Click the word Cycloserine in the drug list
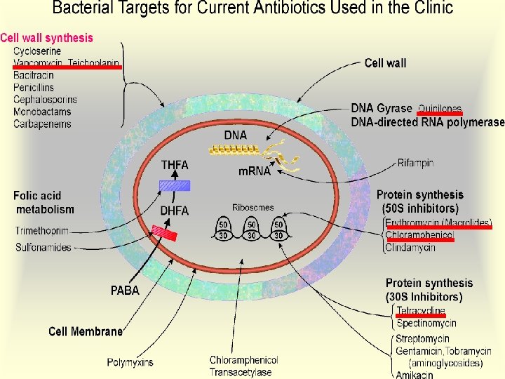tap(37, 51)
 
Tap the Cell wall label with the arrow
tap(385, 63)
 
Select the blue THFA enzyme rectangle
tap(175, 185)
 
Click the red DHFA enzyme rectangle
tap(164, 232)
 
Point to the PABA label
tap(125, 291)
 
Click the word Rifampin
tap(416, 163)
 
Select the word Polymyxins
tap(130, 362)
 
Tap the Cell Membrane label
tap(85, 331)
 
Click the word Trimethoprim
tap(43, 231)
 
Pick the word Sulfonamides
tap(44, 247)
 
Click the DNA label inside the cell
tap(236, 135)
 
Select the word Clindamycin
tap(410, 247)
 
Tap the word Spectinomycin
tap(426, 324)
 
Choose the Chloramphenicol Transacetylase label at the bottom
tap(243, 366)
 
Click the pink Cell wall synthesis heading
tap(46, 38)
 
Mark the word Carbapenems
tap(42, 124)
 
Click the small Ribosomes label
tap(253, 208)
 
